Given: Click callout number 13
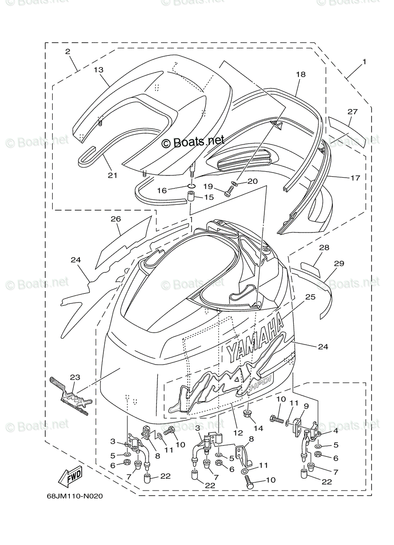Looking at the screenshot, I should click(x=99, y=70).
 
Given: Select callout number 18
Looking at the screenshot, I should click(x=301, y=74).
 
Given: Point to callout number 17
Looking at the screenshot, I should click(x=355, y=178).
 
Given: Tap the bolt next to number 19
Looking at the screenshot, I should click(x=228, y=193).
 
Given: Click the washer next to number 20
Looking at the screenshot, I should click(x=234, y=183).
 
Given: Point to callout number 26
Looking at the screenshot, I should click(x=116, y=219).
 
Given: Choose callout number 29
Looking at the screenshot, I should click(x=339, y=263).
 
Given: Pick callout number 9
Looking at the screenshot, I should click(x=306, y=406).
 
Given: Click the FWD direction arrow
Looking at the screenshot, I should click(x=69, y=476).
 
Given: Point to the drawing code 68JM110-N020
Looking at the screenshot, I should click(x=74, y=496).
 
